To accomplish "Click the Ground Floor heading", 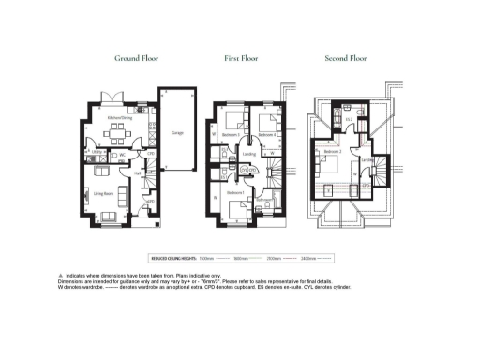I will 136,59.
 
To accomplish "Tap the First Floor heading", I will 241,59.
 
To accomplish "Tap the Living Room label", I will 103,193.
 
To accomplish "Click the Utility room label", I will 97,151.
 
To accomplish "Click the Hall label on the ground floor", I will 136,172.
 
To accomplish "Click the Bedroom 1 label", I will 236,192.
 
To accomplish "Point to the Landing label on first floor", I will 249,154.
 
